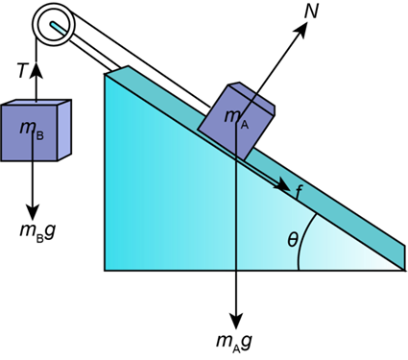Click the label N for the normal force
point(311,12)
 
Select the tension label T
point(22,70)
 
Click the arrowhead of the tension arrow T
point(36,69)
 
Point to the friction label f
point(299,192)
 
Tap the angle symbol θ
point(293,240)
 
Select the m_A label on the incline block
point(236,118)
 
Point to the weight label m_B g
point(37,231)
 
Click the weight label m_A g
point(234,342)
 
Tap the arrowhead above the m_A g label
point(236,321)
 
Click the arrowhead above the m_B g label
point(33,212)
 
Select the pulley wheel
point(54,23)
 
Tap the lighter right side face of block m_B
point(64,131)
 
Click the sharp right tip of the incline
point(404,270)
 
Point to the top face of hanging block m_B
point(36,103)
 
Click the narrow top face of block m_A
point(252,95)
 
